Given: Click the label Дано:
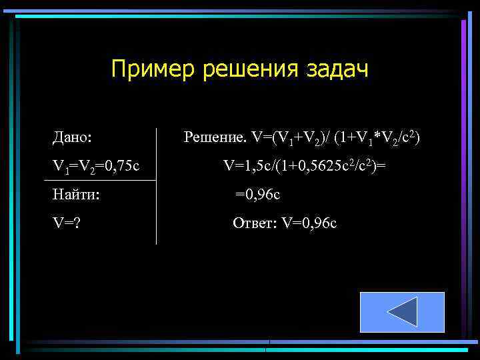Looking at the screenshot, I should [x=72, y=138].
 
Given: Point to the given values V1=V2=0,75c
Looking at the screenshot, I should [x=96, y=165].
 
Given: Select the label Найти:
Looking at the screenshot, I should [x=76, y=195].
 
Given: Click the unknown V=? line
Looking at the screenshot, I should [x=67, y=223].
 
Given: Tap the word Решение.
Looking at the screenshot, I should [x=215, y=138].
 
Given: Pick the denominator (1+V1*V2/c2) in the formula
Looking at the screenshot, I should [x=377, y=138].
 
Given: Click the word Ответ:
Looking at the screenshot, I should [x=255, y=223].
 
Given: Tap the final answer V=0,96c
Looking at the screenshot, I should [x=309, y=223].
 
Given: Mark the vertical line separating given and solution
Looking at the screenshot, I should [x=156, y=187].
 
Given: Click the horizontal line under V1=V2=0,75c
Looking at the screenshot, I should [x=100, y=181].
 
